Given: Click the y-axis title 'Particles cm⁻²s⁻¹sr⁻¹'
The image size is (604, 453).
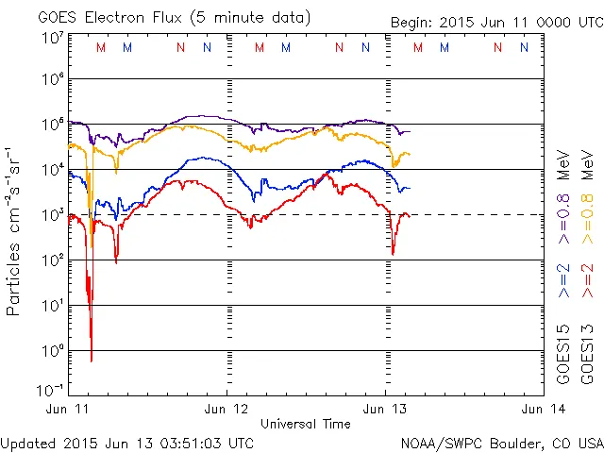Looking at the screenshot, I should pos(14,231).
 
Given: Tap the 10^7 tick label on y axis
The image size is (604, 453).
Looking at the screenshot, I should pos(52,38).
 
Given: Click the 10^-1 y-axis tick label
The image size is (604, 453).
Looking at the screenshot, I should pos(50,389).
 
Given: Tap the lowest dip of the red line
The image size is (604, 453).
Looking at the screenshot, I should pos(92,361).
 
